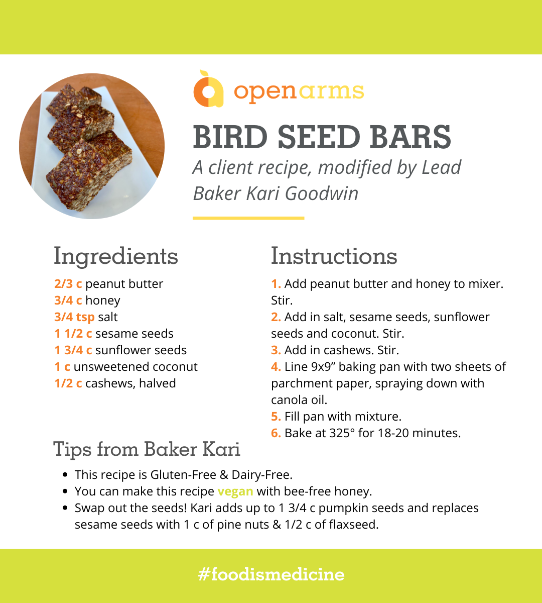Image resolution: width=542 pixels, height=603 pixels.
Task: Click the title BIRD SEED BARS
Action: click(x=322, y=137)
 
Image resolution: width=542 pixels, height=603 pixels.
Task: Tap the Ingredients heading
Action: click(x=115, y=256)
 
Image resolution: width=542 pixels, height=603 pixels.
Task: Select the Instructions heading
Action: click(x=334, y=256)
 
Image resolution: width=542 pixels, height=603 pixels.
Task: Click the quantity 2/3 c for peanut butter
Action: click(x=68, y=284)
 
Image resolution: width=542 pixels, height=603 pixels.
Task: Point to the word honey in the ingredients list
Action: click(x=103, y=300)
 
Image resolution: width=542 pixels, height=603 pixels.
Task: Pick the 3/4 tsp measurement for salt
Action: click(x=74, y=317)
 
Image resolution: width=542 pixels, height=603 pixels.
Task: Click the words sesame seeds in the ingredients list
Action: click(x=134, y=334)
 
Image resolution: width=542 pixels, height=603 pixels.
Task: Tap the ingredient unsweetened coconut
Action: click(x=135, y=367)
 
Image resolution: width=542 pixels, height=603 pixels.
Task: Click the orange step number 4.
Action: click(x=276, y=367)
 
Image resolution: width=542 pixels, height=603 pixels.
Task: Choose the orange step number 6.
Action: click(x=276, y=433)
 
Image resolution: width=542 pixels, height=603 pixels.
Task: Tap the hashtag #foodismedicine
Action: click(x=271, y=575)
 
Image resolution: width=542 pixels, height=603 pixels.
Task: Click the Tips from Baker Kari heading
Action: click(x=147, y=449)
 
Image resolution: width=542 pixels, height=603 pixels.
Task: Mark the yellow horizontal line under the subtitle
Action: click(x=248, y=218)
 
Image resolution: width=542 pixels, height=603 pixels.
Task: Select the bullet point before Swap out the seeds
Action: click(x=65, y=508)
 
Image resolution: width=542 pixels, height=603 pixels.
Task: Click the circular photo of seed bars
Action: click(x=92, y=146)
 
